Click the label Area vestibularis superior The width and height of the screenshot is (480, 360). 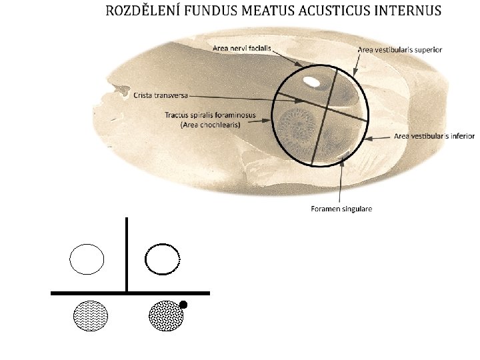coord(400,49)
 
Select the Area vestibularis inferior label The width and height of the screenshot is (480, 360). coord(434,136)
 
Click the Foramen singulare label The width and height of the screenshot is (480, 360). coord(341,209)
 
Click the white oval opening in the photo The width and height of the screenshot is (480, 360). coord(311,81)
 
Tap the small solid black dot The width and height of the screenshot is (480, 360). coord(184,305)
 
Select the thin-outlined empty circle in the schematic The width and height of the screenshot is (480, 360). coord(87,259)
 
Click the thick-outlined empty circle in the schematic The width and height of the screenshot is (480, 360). coord(163,259)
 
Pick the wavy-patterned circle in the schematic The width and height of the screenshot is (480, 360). coord(90,315)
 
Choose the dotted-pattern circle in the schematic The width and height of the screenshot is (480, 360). coord(166,315)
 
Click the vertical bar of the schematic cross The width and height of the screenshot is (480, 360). coord(127,253)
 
